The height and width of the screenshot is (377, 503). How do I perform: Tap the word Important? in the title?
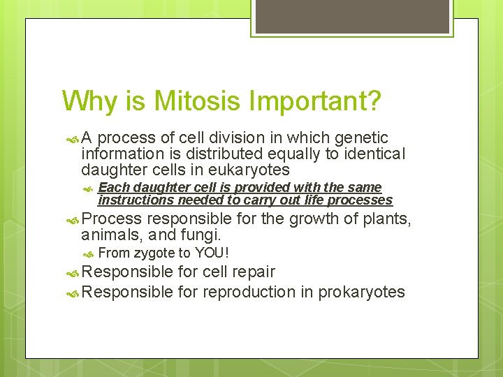[318, 101]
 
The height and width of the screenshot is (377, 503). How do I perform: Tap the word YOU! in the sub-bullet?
[212, 253]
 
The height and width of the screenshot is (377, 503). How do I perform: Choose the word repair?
[253, 272]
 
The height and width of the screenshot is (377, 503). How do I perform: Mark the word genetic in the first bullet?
[363, 138]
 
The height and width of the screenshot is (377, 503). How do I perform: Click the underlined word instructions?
[136, 200]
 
